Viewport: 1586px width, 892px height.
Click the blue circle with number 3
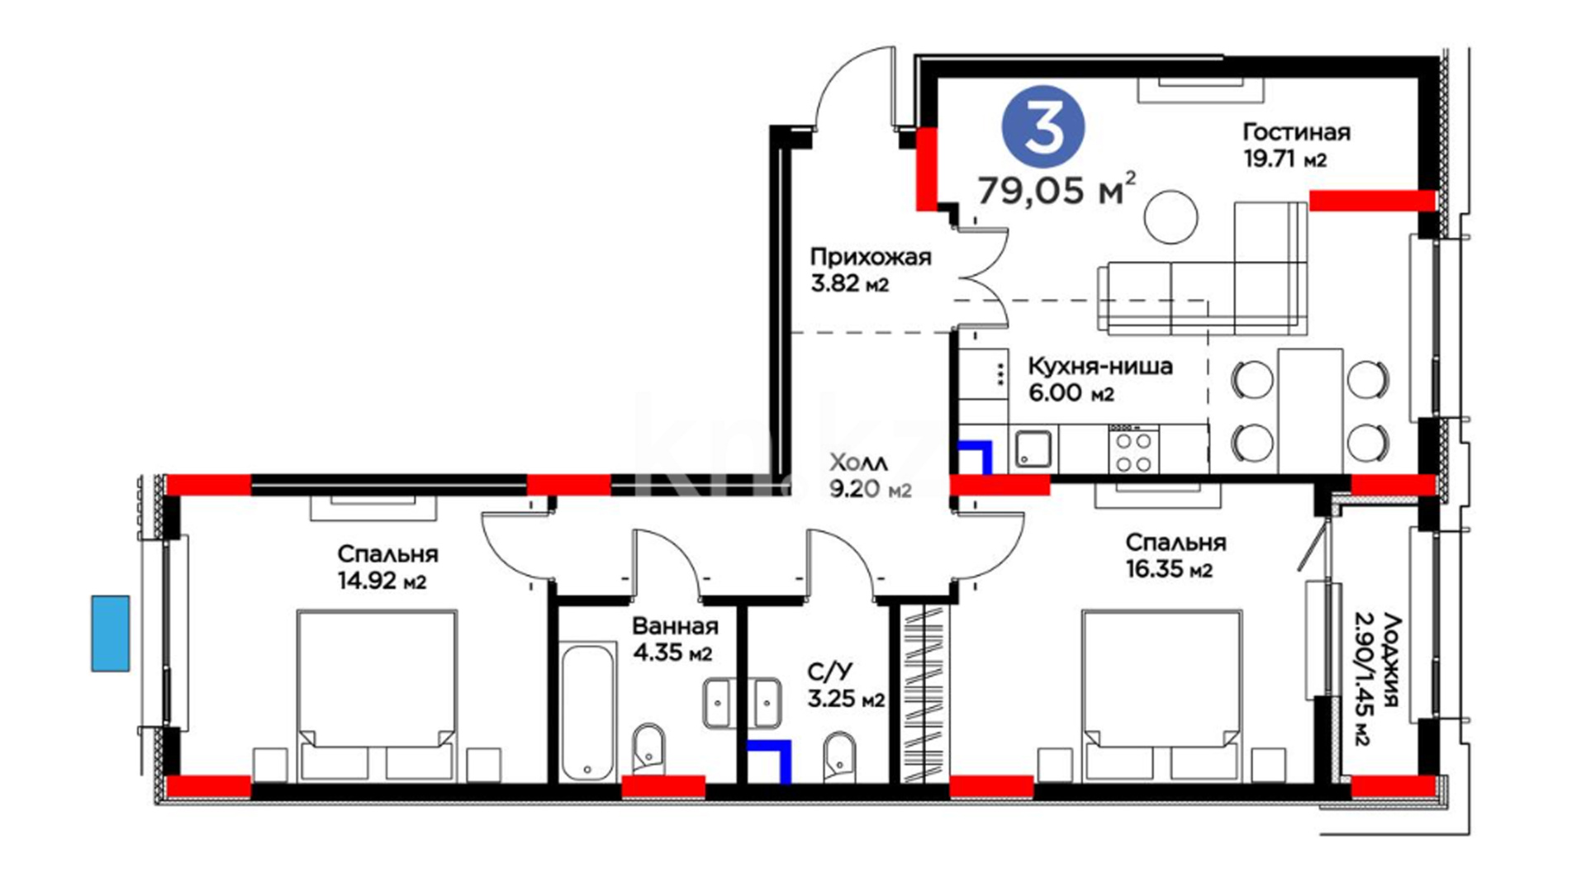[1043, 128]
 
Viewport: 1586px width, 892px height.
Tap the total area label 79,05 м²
[1057, 189]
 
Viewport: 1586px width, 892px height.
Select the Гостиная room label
[1296, 132]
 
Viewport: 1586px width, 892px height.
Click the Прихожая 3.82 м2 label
[870, 270]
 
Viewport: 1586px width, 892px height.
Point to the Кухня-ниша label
[1099, 366]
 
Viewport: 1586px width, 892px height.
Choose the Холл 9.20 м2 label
[870, 476]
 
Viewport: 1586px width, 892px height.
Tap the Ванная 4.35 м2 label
[674, 639]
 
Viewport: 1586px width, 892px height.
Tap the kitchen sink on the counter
[1033, 449]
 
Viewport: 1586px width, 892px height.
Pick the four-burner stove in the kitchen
[1133, 449]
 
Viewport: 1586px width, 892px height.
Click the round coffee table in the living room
[1171, 216]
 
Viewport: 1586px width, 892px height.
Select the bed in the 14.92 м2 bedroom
[376, 695]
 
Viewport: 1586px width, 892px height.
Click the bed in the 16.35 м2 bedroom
[1161, 695]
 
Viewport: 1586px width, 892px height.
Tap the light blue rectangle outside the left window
[110, 633]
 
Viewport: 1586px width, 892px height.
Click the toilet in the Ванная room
[648, 750]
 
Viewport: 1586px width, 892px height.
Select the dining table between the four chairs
[1310, 410]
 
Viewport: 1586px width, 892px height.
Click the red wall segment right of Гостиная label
[1372, 200]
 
